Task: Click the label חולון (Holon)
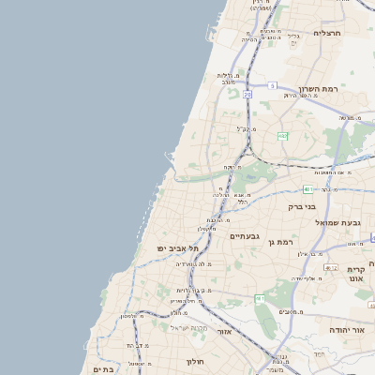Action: [195, 361]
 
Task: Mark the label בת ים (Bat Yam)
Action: [102, 369]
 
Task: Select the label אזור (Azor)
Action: [224, 332]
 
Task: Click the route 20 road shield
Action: [247, 95]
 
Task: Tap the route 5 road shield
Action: [272, 85]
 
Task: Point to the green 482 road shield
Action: [282, 136]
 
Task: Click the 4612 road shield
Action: [330, 268]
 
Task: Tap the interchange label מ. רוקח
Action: [228, 168]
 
